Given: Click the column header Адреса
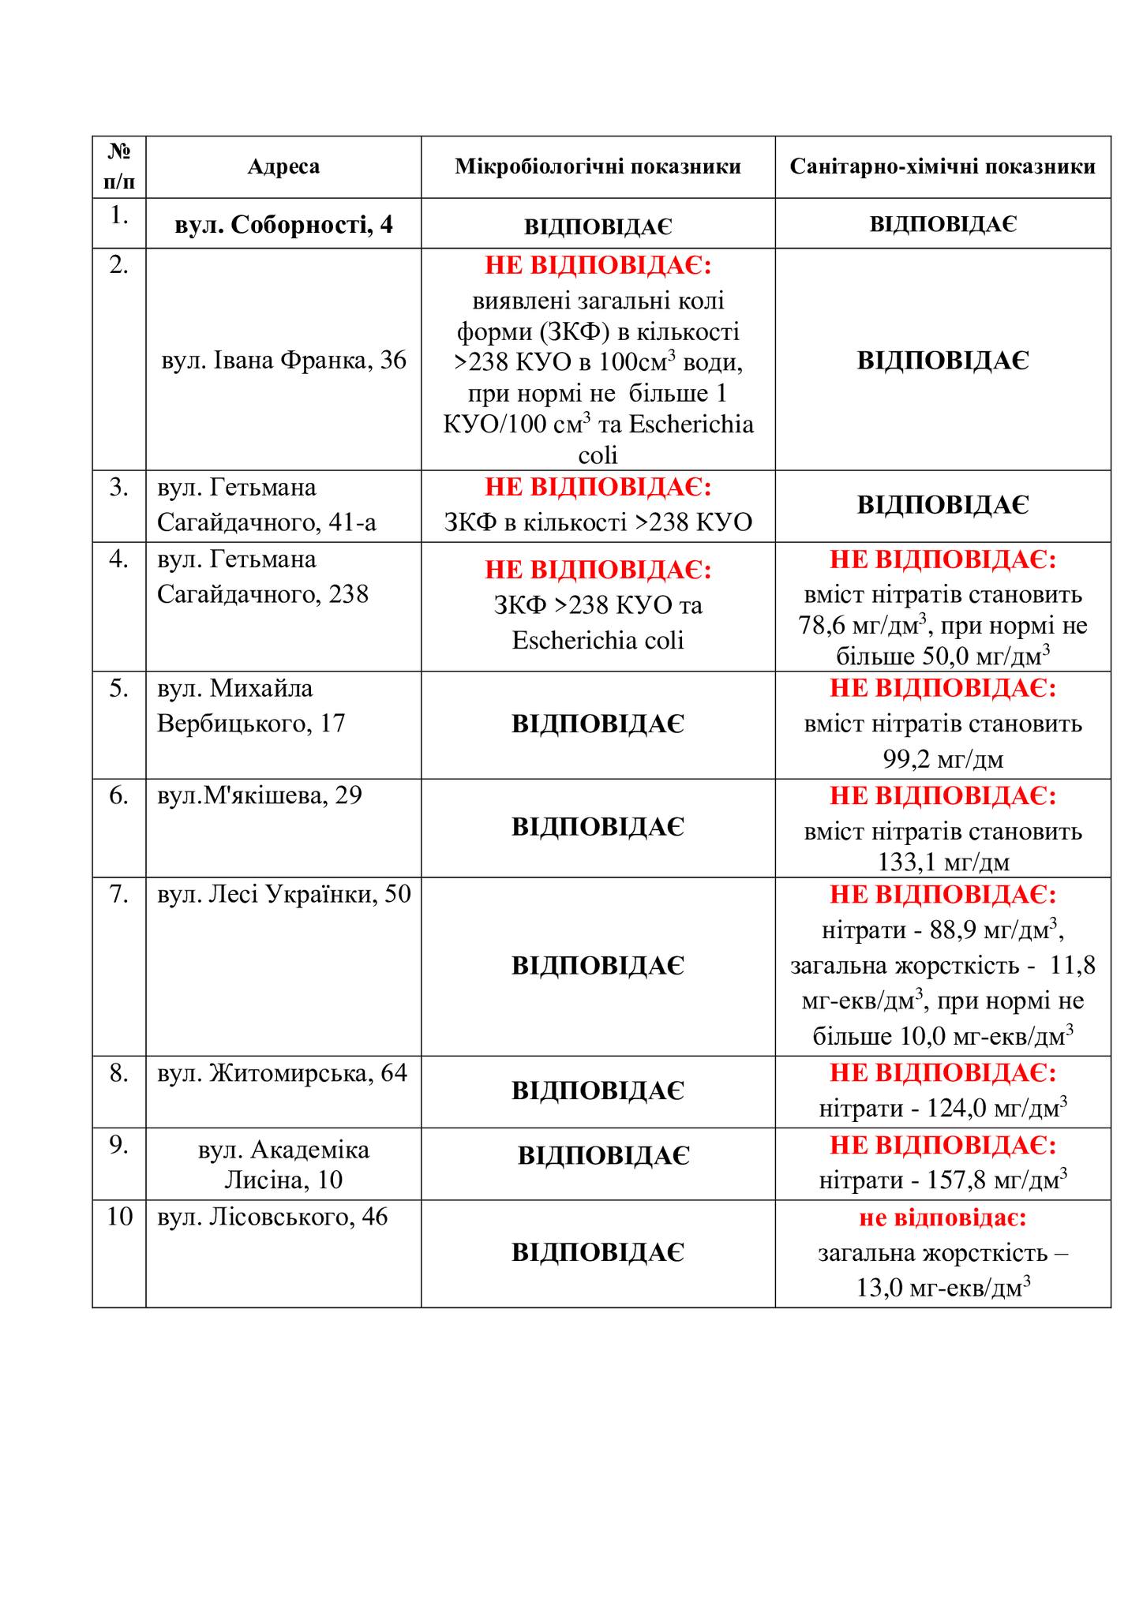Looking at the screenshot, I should [x=283, y=166].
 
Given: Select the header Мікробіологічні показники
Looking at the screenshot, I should [x=598, y=166].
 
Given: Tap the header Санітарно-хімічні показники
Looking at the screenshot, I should [x=943, y=166].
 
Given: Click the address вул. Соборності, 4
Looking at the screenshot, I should [x=283, y=225].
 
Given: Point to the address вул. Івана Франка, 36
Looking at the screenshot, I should [x=283, y=361].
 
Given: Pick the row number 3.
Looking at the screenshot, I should [x=119, y=488].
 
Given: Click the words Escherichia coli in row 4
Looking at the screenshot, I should [x=598, y=640].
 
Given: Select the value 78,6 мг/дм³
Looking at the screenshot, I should [x=861, y=627].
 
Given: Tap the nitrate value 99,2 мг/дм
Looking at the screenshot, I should [x=943, y=760].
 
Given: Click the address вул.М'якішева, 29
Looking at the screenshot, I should [x=260, y=795].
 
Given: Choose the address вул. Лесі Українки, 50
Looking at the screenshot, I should [x=284, y=894].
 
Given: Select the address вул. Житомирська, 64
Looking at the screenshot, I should [x=283, y=1073].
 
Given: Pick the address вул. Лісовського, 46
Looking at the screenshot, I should [x=272, y=1217].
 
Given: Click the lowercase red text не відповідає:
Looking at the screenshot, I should [x=943, y=1218].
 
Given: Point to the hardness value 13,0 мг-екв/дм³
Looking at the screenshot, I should [x=943, y=1288].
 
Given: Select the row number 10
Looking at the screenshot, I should [x=120, y=1217].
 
